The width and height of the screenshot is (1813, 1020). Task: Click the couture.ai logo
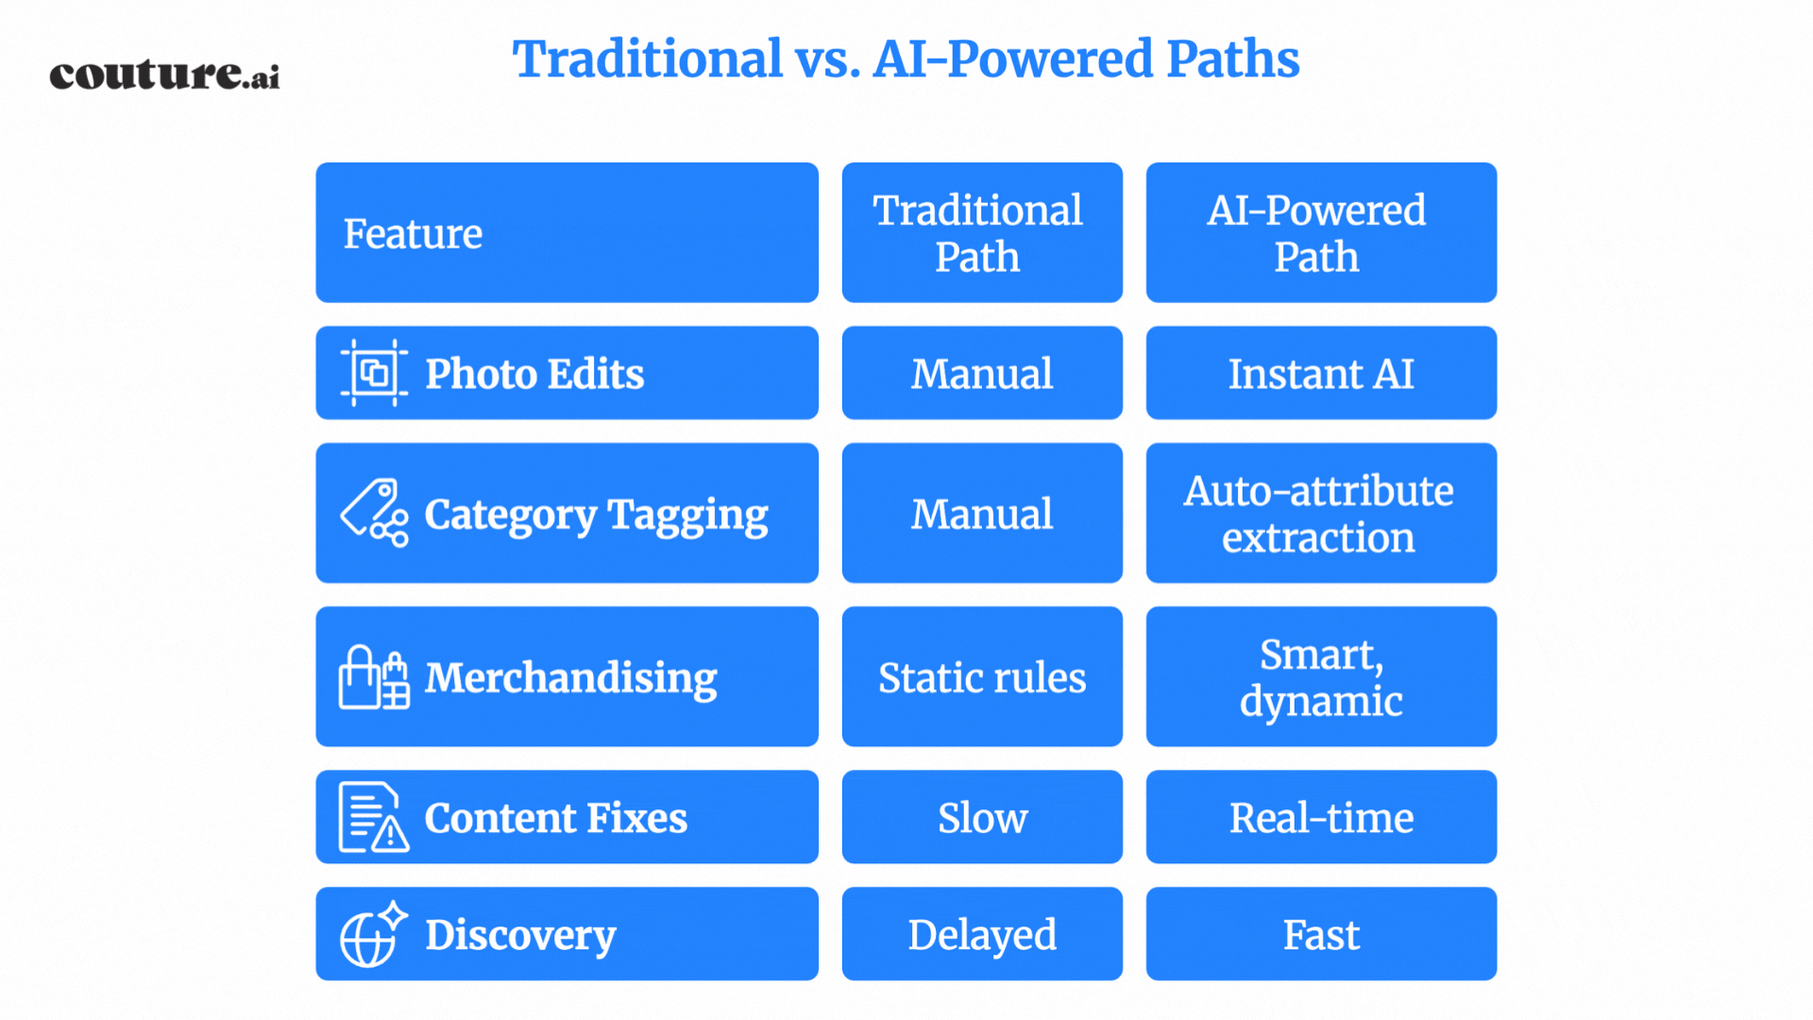click(164, 75)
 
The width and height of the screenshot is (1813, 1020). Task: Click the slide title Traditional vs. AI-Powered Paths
click(906, 59)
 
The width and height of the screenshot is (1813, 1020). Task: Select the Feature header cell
click(567, 232)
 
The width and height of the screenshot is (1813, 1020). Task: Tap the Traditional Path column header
click(982, 232)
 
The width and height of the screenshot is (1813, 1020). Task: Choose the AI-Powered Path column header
click(1321, 232)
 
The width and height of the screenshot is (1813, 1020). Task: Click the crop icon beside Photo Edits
click(374, 373)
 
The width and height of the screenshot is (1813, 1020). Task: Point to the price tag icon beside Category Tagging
click(374, 513)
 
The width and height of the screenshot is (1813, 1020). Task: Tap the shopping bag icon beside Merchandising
click(374, 677)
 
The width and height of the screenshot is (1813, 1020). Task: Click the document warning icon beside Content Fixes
click(374, 817)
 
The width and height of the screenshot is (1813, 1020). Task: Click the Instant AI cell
click(1321, 373)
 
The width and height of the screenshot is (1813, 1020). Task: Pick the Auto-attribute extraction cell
click(1321, 513)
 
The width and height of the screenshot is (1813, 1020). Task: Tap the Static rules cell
click(982, 676)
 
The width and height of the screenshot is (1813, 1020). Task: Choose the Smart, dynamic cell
click(1321, 676)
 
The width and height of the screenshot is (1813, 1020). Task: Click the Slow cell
click(982, 817)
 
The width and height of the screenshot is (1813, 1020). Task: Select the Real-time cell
click(1321, 817)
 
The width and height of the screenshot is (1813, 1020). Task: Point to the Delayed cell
click(982, 934)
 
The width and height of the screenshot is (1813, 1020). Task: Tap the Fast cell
click(1321, 934)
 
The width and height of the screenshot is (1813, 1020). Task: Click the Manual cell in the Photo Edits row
click(982, 373)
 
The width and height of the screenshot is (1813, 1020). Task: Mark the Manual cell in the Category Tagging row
click(982, 513)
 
